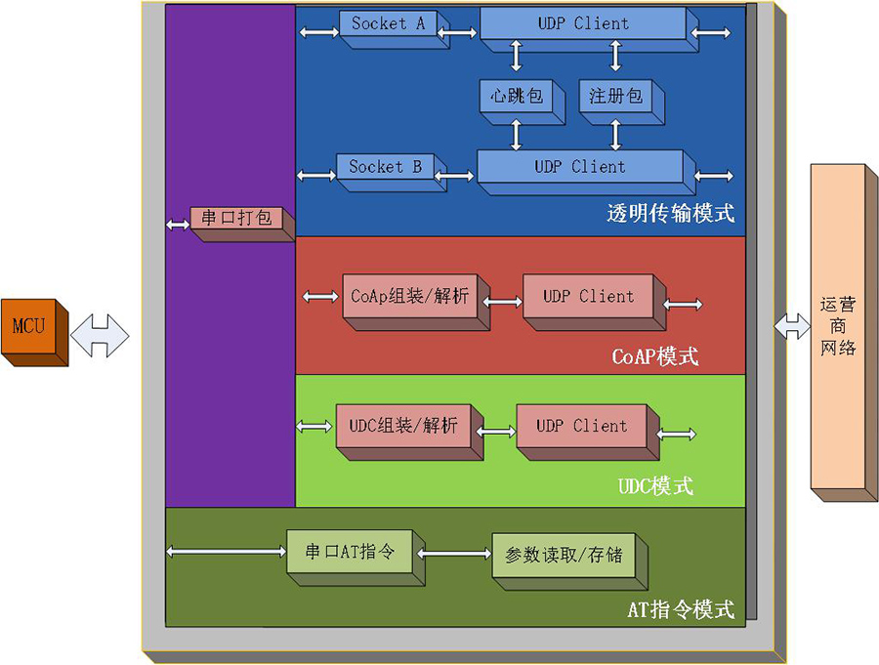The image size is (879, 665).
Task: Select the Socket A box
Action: pos(388,24)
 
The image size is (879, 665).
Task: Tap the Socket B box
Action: pos(385,167)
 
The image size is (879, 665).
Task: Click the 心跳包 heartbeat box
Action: pos(517,97)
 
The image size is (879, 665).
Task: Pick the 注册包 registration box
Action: pos(615,97)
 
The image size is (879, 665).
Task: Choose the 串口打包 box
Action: pos(236,219)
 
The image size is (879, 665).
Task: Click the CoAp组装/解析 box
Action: pos(409,297)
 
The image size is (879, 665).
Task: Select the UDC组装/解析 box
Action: pos(403,427)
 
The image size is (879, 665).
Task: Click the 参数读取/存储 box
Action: pos(564,556)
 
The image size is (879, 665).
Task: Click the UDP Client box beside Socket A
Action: pos(583,24)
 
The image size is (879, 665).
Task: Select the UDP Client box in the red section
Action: pos(588,297)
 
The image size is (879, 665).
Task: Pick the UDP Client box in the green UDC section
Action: pos(581,427)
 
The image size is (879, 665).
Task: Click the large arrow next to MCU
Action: pos(100,335)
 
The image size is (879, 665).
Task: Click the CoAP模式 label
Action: pos(654,356)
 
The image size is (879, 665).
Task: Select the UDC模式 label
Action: pos(655,485)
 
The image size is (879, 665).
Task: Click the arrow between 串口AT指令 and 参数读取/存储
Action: pos(454,554)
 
